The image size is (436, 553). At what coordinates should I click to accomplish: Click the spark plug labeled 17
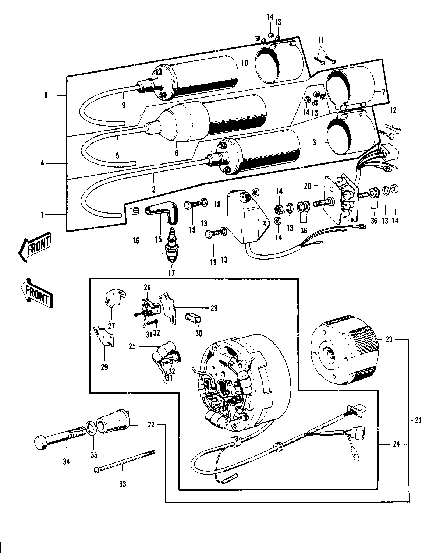coord(171,245)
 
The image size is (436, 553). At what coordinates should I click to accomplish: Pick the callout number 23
coord(389,340)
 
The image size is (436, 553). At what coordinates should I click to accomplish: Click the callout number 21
coord(418,420)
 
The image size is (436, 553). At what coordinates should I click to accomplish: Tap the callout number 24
coord(396,444)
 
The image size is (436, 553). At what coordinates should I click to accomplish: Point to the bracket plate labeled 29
coord(104,336)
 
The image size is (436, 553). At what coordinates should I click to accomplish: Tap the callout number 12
coord(393,110)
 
